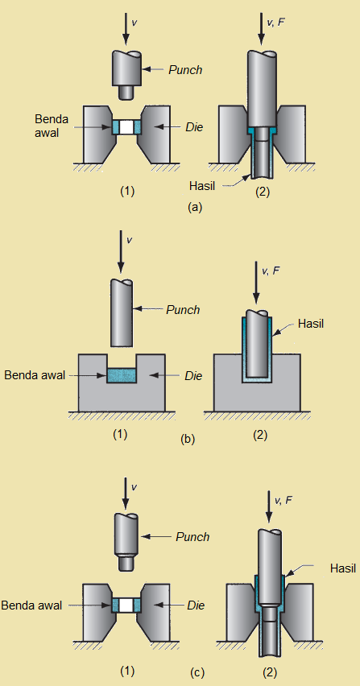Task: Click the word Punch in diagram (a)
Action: (x=185, y=70)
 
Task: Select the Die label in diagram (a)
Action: (x=194, y=126)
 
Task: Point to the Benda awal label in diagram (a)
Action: (x=51, y=126)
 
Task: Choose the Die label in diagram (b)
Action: (x=192, y=375)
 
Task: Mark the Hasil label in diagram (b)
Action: (x=311, y=324)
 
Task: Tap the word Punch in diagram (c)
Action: (x=192, y=537)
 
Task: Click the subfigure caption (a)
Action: (x=194, y=207)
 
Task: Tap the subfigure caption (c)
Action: (x=194, y=672)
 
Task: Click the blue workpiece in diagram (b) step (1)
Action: (x=122, y=376)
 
